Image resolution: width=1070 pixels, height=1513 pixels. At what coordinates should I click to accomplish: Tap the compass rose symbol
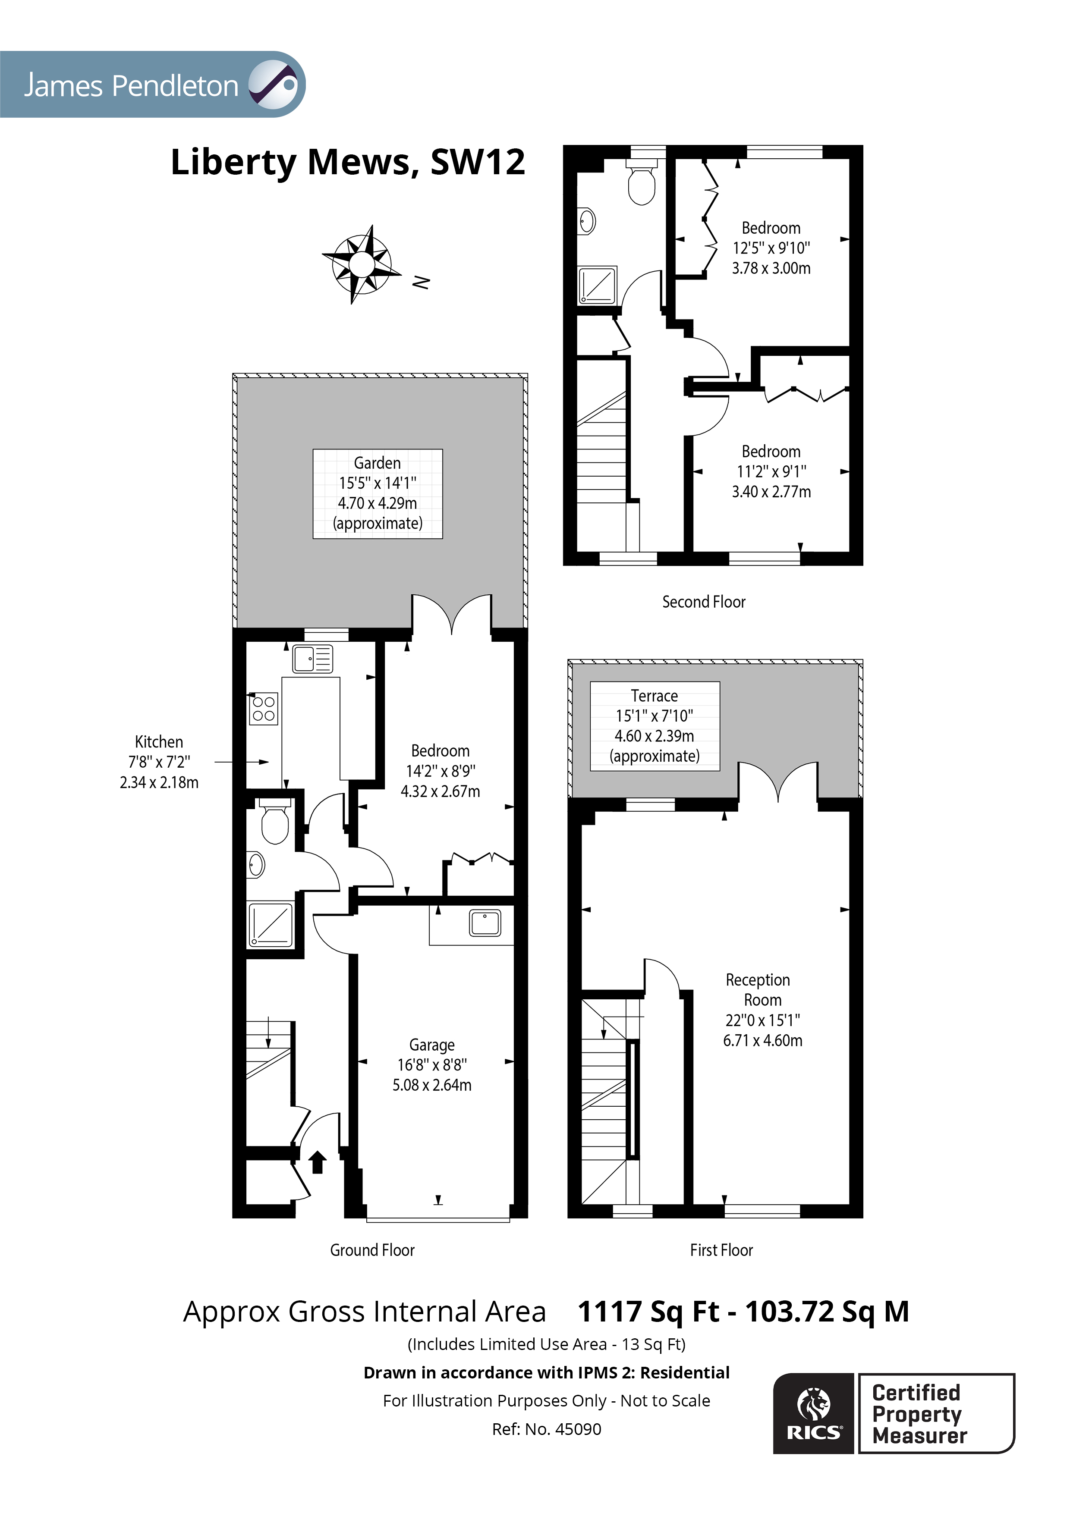point(361,264)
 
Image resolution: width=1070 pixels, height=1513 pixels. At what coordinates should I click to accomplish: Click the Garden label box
point(377,493)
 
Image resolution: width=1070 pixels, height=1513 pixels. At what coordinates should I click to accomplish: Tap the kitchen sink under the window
point(312,658)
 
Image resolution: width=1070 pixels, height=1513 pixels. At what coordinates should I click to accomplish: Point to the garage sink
point(485,923)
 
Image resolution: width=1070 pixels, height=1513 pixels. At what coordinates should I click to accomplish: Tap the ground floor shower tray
point(270,925)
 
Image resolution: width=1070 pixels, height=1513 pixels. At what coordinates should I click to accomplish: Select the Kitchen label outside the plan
point(158,762)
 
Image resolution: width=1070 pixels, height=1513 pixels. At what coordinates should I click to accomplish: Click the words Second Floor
point(703,602)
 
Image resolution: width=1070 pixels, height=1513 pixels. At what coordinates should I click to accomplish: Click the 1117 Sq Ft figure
point(648,1311)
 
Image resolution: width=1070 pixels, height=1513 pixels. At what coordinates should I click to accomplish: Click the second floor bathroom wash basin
point(587,221)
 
